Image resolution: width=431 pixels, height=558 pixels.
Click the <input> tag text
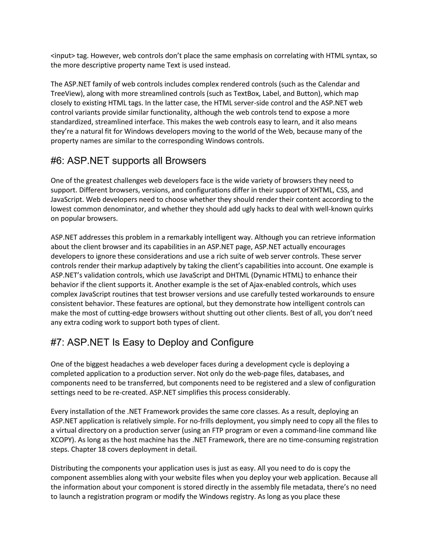(x=63, y=56)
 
